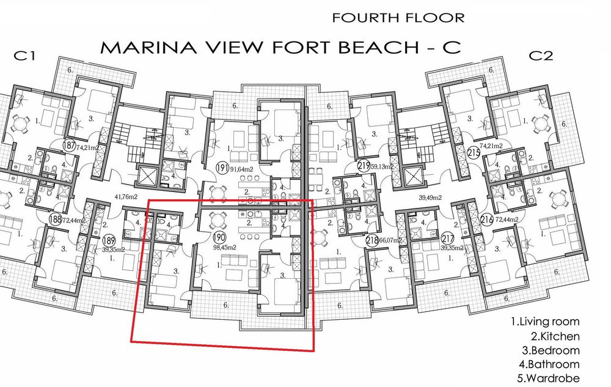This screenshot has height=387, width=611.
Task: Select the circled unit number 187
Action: tap(70, 145)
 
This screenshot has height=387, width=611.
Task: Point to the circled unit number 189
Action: tap(109, 240)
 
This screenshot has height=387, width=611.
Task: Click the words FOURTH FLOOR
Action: tap(398, 18)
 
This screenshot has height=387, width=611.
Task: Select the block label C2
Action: tap(541, 56)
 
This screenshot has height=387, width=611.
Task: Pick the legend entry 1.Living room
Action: tap(545, 322)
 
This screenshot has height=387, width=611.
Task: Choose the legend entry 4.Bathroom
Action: tap(549, 364)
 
